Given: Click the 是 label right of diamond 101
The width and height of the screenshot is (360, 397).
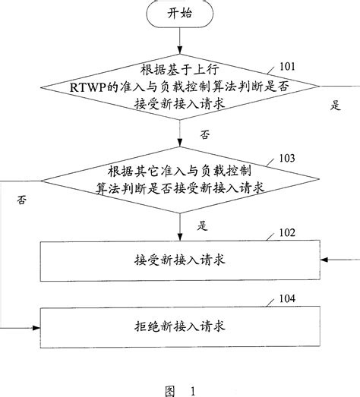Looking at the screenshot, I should [x=334, y=106].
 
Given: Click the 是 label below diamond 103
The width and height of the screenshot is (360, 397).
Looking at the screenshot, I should [x=203, y=225].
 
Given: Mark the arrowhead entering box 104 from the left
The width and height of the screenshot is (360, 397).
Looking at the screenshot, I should [x=36, y=327].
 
